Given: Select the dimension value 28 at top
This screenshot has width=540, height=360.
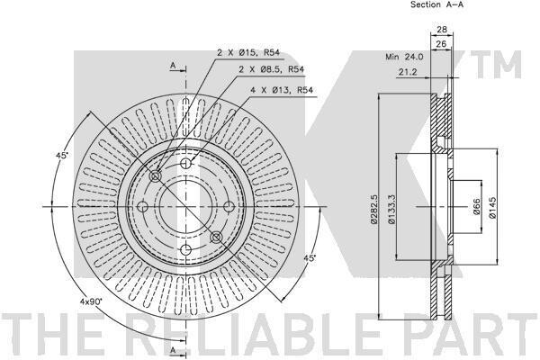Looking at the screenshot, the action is click(442, 30).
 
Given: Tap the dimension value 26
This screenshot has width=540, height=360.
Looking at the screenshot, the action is click(441, 44).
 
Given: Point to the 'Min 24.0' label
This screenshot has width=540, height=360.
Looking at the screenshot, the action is click(404, 57).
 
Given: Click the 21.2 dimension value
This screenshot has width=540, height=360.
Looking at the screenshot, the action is click(408, 72).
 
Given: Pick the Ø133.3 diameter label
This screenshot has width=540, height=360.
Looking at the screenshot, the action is click(391, 209).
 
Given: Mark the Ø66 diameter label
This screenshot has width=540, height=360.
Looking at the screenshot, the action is click(477, 206).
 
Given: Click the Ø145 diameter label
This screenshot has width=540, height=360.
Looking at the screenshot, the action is click(492, 208).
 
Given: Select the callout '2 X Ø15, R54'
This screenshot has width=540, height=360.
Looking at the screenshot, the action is click(248, 53).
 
